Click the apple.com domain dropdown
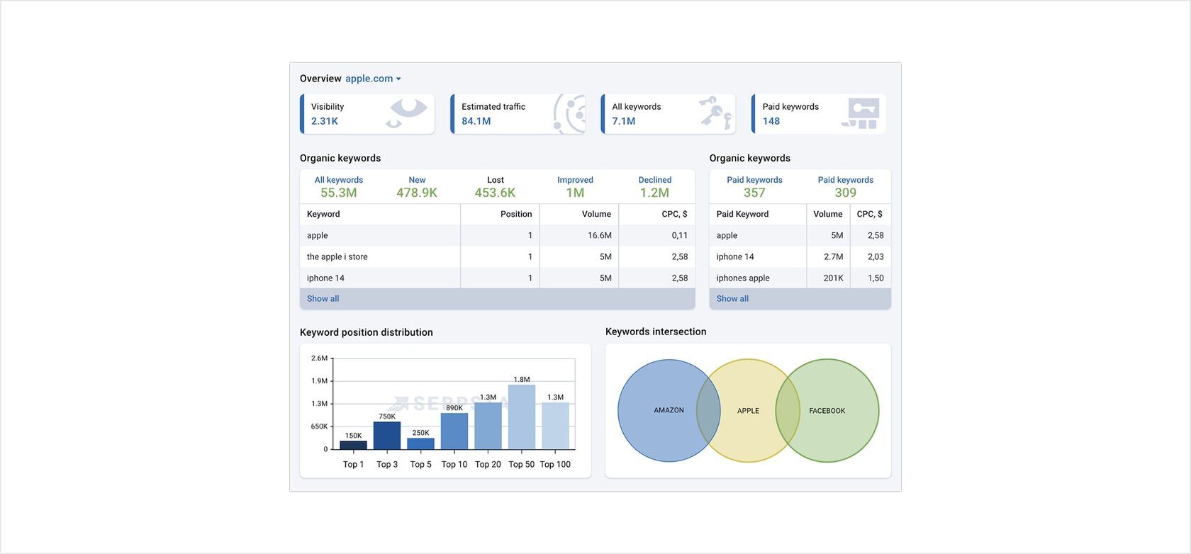tap(373, 79)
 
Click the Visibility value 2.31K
tap(325, 121)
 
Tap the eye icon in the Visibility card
tap(408, 112)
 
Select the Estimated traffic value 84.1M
tap(476, 121)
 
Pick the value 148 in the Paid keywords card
tap(771, 121)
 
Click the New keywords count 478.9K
tap(417, 193)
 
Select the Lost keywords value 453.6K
tap(495, 193)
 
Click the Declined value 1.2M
tap(654, 193)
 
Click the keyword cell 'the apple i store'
tap(337, 256)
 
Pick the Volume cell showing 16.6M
tap(599, 235)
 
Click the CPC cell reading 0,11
tap(679, 235)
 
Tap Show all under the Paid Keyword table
tap(732, 298)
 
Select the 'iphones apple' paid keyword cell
tap(743, 278)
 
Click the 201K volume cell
tap(833, 278)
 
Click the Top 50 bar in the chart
tap(522, 417)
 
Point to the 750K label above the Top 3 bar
tap(387, 417)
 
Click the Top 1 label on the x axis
tap(353, 465)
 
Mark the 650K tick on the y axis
tap(319, 426)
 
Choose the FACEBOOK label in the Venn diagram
tap(827, 411)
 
